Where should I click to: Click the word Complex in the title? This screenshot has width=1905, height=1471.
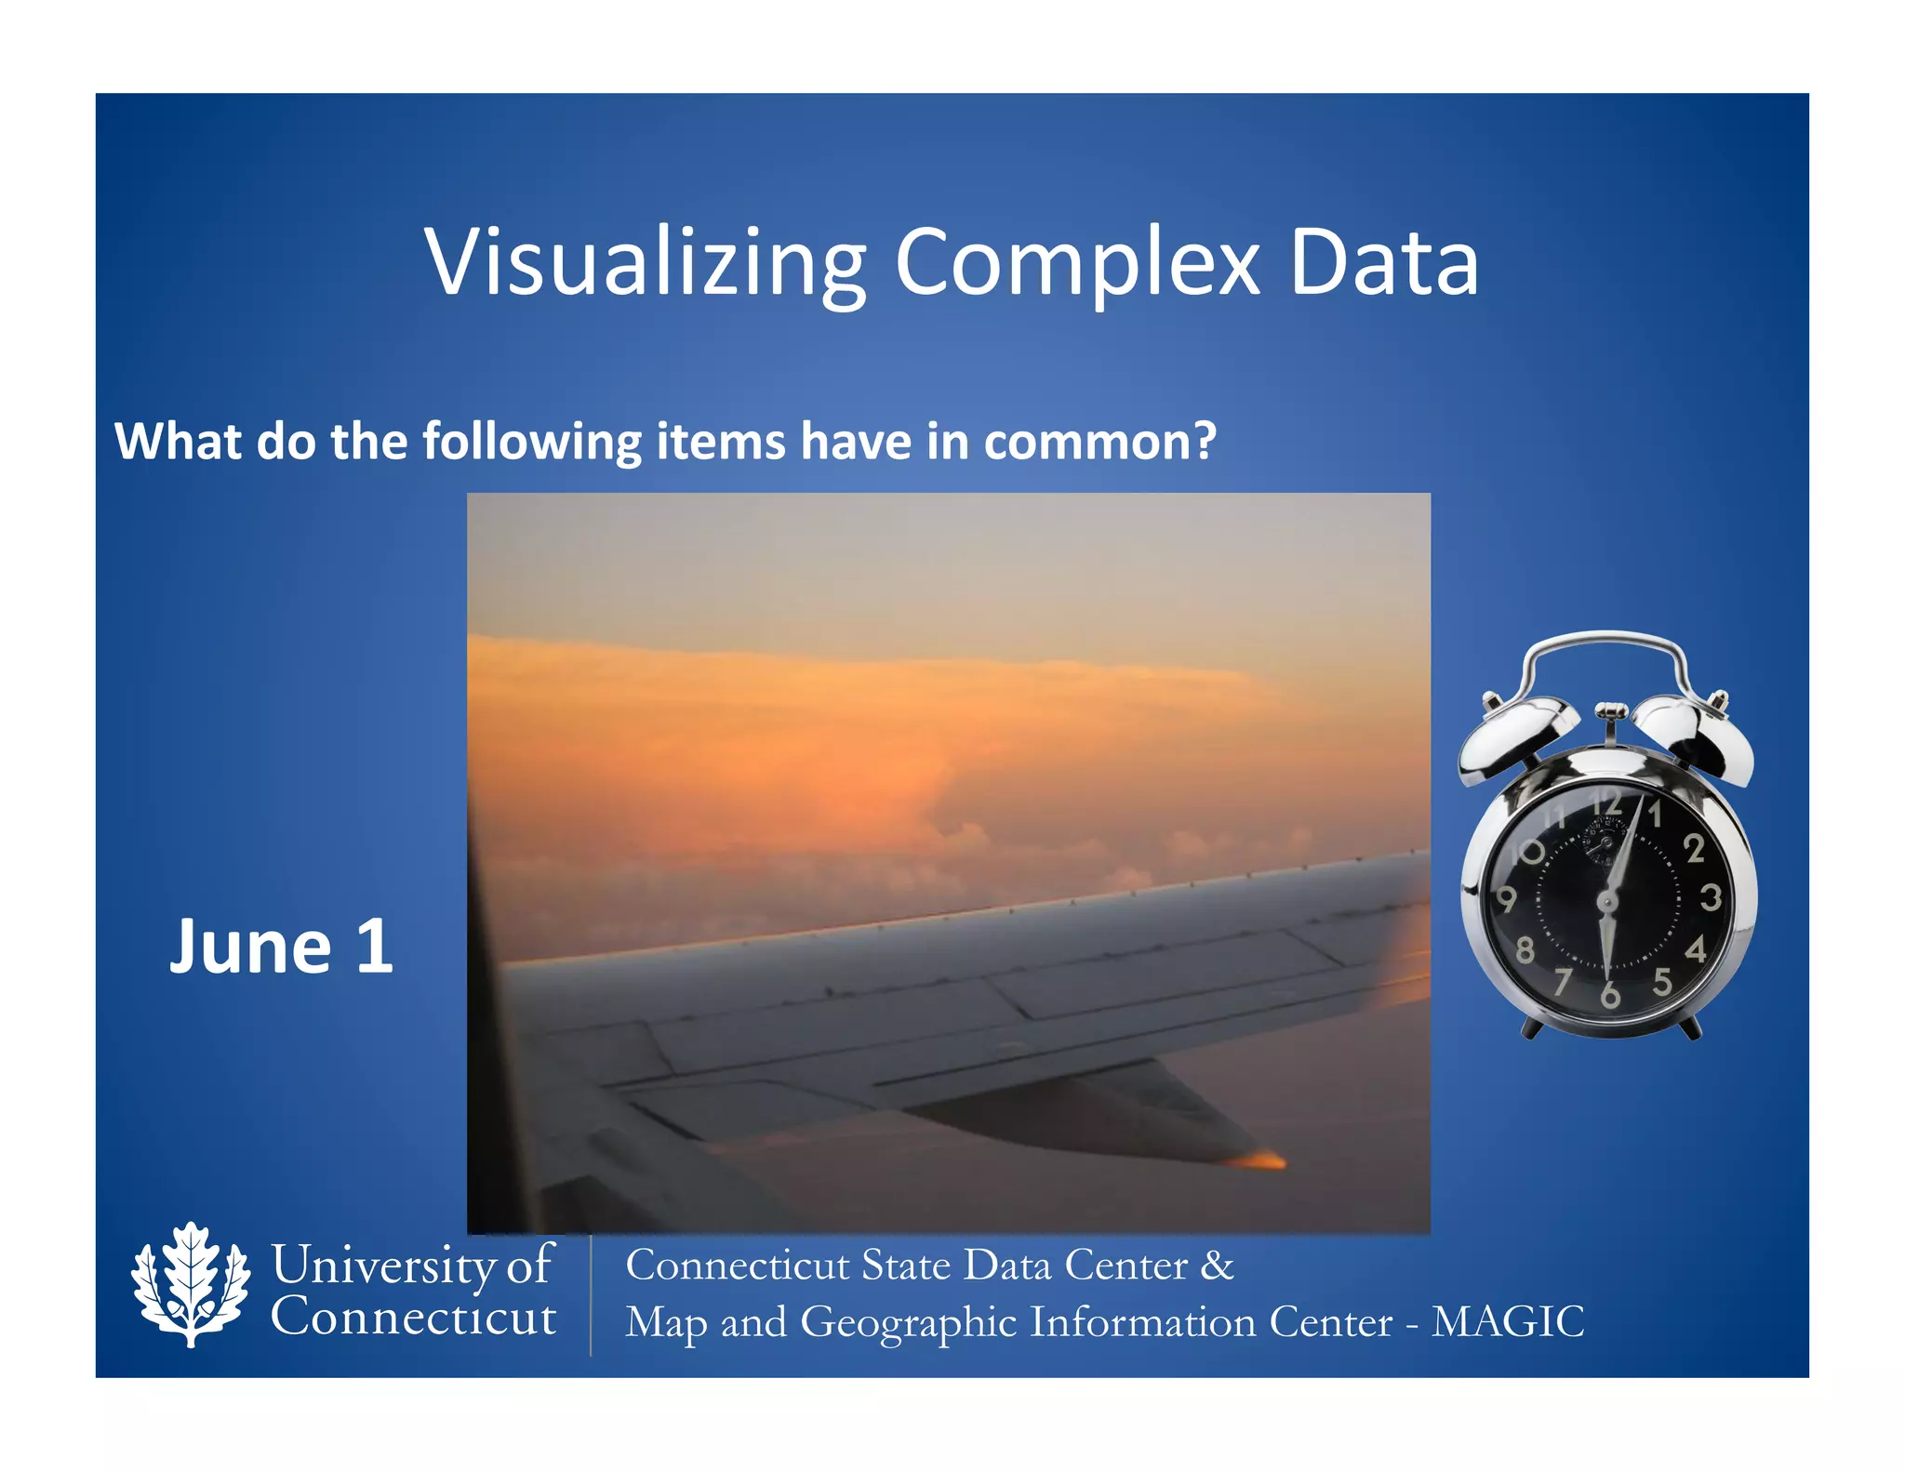(1076, 264)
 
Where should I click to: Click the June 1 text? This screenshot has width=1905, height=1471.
(281, 947)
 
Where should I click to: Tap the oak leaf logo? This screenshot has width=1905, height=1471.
(191, 1285)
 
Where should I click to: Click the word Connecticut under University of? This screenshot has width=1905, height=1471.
(413, 1318)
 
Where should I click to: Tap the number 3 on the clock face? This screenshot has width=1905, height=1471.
(1710, 898)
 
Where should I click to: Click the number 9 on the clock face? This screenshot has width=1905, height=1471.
(1506, 899)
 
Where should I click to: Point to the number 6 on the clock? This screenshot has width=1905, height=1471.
(1609, 996)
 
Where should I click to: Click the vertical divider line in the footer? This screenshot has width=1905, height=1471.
(591, 1294)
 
